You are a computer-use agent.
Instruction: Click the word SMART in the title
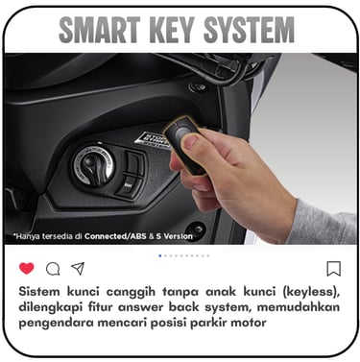point(100,30)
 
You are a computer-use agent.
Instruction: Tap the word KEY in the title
point(171,30)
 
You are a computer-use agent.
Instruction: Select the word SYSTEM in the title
point(249,30)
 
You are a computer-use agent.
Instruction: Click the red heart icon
point(27,268)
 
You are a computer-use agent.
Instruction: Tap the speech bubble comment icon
point(53,269)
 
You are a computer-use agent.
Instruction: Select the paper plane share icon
point(78,269)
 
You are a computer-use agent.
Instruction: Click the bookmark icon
point(333,269)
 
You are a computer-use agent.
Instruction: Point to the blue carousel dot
point(160,255)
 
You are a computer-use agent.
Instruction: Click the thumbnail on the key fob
point(191,142)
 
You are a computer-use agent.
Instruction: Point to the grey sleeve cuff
point(322,222)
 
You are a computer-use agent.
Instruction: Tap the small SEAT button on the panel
point(129,185)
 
